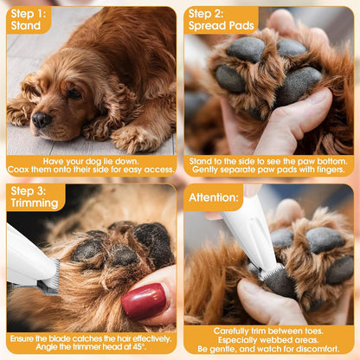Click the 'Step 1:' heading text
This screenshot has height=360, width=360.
[28, 14]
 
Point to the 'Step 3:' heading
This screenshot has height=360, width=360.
[28, 190]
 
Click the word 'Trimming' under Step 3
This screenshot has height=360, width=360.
[34, 203]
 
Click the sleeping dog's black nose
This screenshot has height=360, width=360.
[41, 120]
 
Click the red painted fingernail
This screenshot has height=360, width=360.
[143, 301]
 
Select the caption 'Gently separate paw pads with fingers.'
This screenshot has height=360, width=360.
[270, 170]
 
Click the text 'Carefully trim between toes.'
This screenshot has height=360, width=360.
[270, 330]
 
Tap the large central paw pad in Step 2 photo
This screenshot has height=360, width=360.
[297, 85]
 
